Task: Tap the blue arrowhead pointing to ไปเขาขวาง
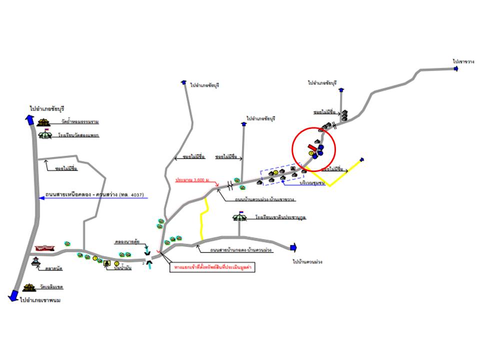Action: tap(455, 69)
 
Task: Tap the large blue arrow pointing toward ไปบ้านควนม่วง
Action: tap(293, 247)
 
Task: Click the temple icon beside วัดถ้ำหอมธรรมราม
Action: tap(44, 122)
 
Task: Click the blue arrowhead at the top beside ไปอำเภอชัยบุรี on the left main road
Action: tap(28, 119)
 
